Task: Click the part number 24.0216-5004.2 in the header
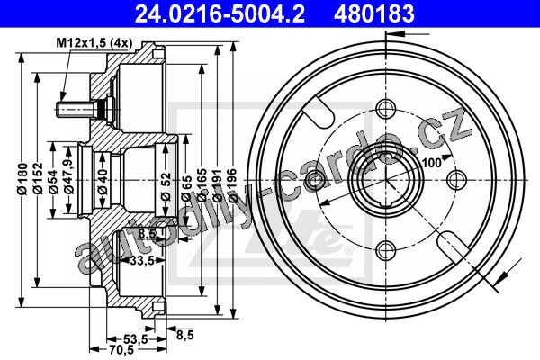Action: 220,13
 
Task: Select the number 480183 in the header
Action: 373,13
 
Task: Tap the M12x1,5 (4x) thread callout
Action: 94,43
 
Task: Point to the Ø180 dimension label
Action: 22,179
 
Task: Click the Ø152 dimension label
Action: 38,179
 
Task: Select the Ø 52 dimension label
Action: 166,186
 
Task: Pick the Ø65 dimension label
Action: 186,189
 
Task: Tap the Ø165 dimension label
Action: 202,185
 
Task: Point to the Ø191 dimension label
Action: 217,185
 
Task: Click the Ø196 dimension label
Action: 233,185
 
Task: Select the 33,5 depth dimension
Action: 142,261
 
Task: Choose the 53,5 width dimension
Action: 136,339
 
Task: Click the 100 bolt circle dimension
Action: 431,163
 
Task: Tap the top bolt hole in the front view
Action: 385,110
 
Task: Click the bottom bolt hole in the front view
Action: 385,251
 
